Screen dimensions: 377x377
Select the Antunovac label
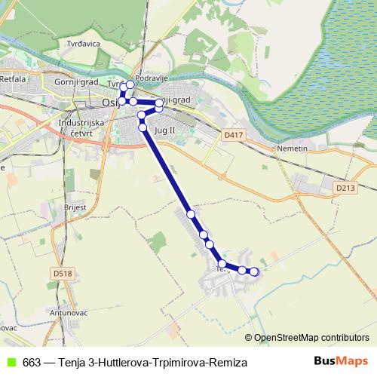pyautogui.click(x=70, y=312)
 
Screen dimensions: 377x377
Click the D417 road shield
pyautogui.click(x=233, y=135)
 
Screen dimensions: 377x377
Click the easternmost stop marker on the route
pyautogui.click(x=254, y=271)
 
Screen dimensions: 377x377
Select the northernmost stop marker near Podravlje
pyautogui.click(x=130, y=84)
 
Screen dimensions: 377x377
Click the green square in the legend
pyautogui.click(x=11, y=363)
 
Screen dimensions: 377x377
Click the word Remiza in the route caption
pyautogui.click(x=228, y=363)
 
